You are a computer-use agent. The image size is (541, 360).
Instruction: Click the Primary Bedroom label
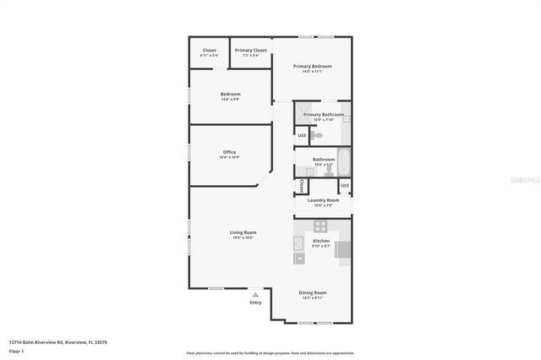pyautogui.click(x=312, y=66)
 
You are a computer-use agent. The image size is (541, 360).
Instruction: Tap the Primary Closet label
pyautogui.click(x=250, y=50)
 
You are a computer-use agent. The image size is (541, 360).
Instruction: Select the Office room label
pyautogui.click(x=229, y=152)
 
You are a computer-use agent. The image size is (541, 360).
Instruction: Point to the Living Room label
pyautogui.click(x=243, y=232)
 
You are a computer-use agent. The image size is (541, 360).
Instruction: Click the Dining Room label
pyautogui.click(x=312, y=292)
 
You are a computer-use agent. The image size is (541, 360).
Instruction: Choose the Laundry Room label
pyautogui.click(x=323, y=200)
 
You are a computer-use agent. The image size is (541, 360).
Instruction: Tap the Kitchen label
pyautogui.click(x=321, y=241)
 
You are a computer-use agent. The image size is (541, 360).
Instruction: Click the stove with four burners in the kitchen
pyautogui.click(x=321, y=226)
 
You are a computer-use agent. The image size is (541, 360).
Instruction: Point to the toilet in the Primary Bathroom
pyautogui.click(x=316, y=134)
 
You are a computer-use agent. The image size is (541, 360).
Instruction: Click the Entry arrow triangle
pyautogui.click(x=255, y=293)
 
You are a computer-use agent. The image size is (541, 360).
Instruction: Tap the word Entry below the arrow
pyautogui.click(x=255, y=303)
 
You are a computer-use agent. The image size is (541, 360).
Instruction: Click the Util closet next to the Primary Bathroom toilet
pyautogui.click(x=302, y=135)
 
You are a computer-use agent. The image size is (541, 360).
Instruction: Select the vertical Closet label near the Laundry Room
pyautogui.click(x=302, y=185)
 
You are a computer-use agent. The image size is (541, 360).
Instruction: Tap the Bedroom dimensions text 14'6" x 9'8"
pyautogui.click(x=231, y=99)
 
